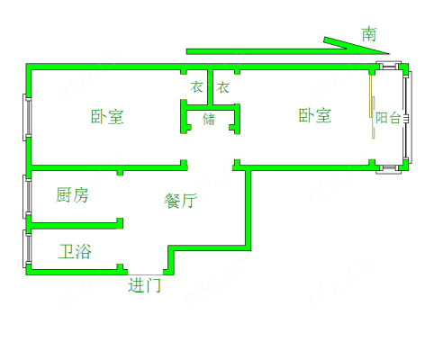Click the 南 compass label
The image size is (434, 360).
[369, 34]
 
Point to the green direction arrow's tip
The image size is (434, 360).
[390, 54]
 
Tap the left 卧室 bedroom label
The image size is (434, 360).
[107, 117]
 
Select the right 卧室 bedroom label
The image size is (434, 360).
[315, 115]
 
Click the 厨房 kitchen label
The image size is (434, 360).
[72, 195]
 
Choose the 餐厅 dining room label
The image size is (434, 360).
[180, 201]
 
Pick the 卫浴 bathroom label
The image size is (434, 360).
[75, 251]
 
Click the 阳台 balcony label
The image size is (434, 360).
[388, 118]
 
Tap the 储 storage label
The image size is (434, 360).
[209, 119]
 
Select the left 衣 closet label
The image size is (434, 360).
[197, 87]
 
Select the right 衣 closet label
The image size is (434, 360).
[223, 87]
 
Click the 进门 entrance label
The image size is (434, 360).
[144, 285]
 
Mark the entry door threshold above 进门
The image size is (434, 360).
[145, 274]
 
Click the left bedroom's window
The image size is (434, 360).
[27, 117]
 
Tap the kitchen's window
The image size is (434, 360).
[27, 196]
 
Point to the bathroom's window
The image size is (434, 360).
[27, 248]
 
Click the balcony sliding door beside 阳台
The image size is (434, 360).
[372, 107]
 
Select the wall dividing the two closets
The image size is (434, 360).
[210, 87]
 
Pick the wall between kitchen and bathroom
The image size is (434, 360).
[75, 225]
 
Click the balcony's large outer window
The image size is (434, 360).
[409, 117]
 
